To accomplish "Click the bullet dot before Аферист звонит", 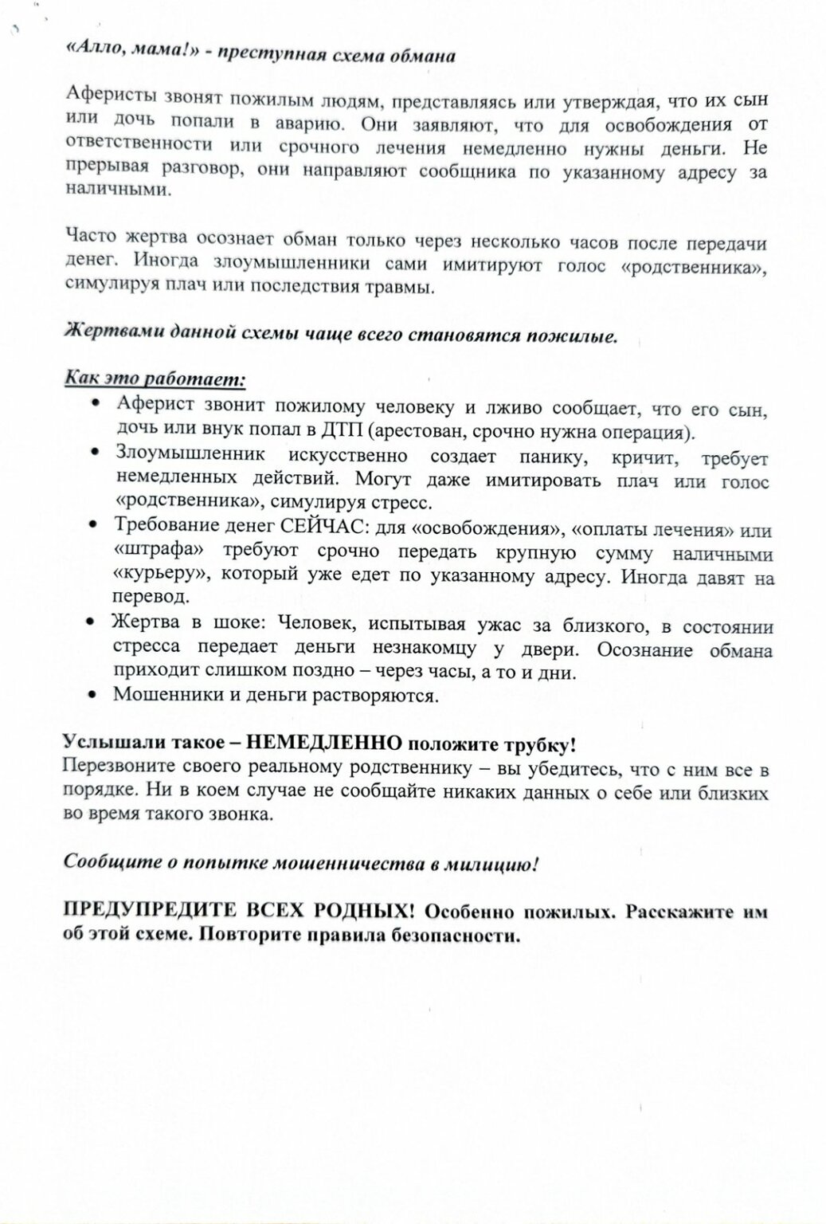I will (96, 405).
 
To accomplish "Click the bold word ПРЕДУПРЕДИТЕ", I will (150, 911).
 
